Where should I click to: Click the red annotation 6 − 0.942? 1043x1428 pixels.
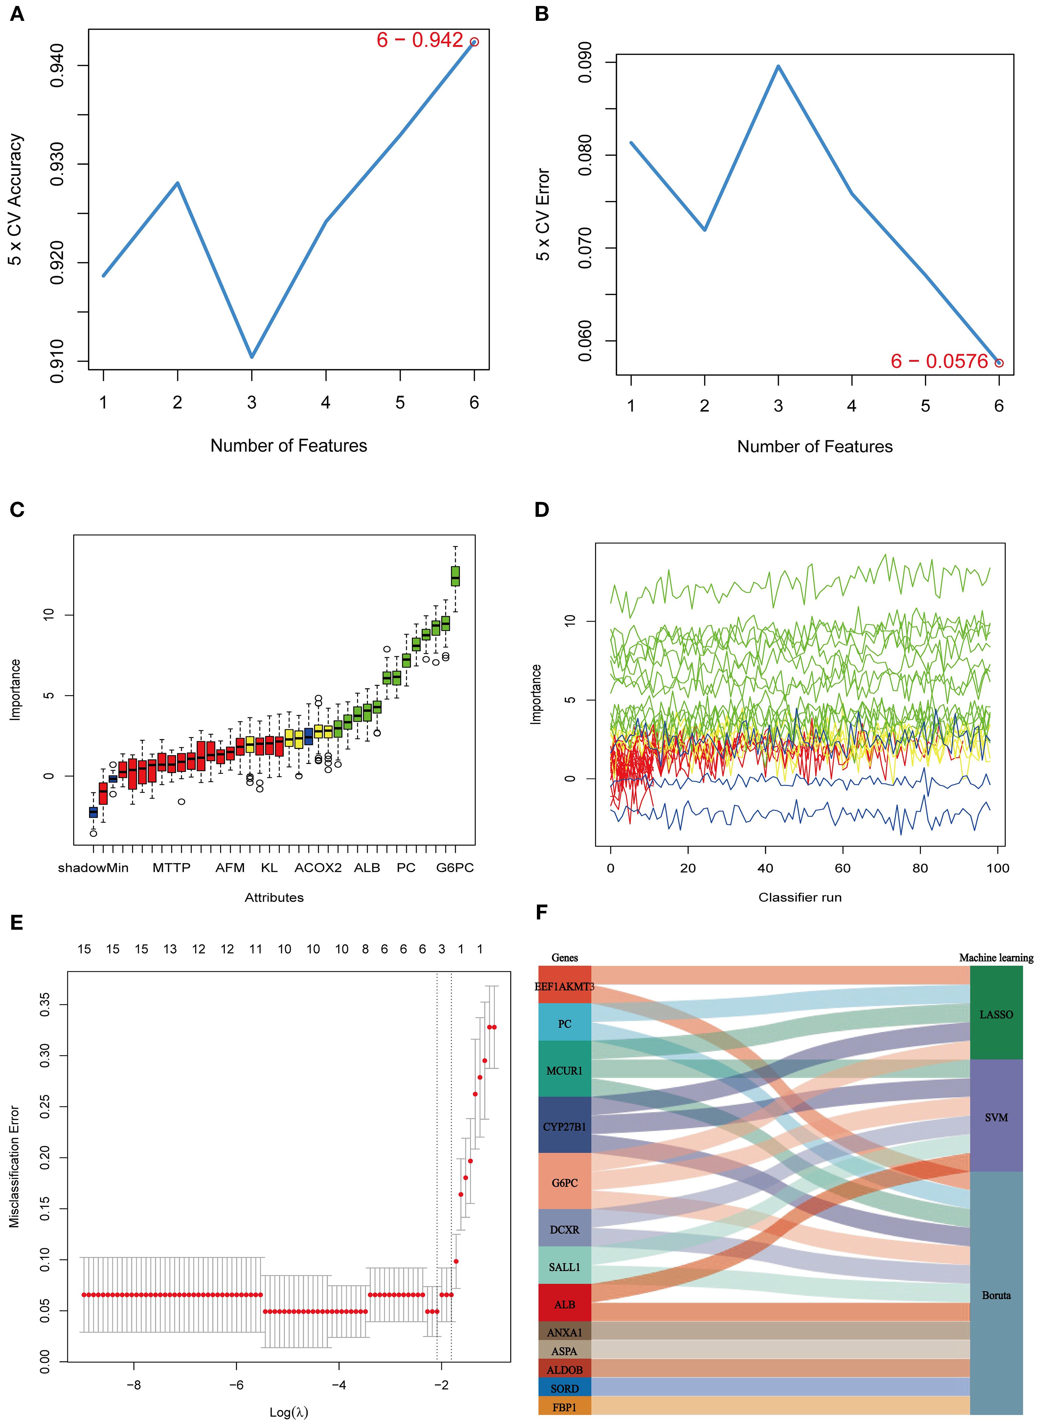420,40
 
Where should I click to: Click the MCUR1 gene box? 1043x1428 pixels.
564,1070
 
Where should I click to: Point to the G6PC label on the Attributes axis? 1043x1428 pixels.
454,868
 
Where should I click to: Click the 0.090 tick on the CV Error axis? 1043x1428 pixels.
585,63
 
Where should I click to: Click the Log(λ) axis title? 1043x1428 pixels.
289,1412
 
